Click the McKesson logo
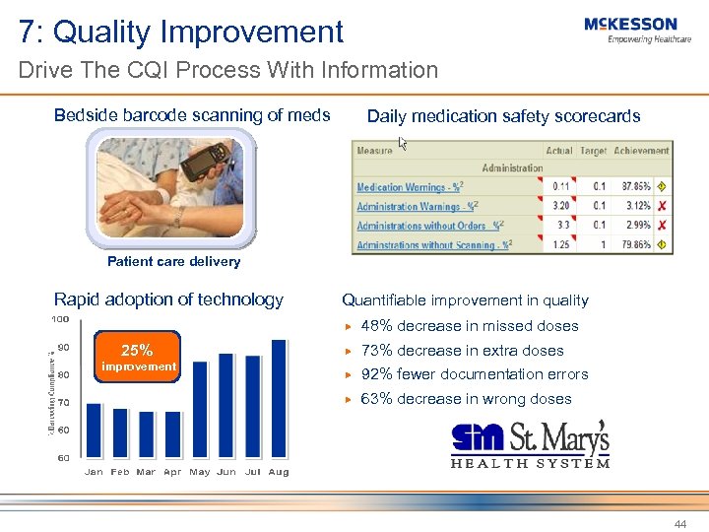630,30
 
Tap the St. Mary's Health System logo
530,443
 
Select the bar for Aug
279,398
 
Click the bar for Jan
94,430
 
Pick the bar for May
200,409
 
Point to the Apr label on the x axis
172,472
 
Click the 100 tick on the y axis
60,319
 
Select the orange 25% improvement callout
137,358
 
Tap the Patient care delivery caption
173,262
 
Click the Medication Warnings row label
407,187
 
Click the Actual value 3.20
560,206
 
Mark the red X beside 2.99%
662,226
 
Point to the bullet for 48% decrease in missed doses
347,326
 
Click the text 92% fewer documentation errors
475,374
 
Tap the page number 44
679,524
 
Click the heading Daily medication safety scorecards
503,116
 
